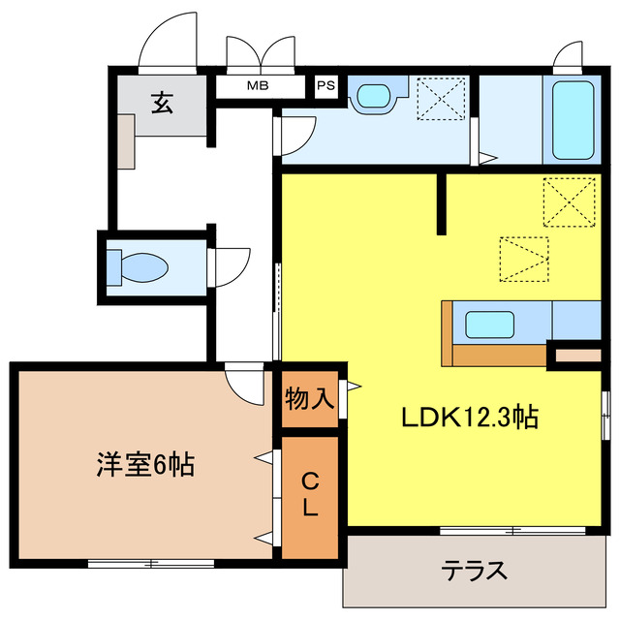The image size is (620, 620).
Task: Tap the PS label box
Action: [325, 85]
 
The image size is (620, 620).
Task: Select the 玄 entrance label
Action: [162, 103]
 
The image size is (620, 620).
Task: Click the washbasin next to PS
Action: [373, 95]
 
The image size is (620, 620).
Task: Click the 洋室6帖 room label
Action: [145, 466]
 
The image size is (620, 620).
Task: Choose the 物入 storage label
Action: [310, 397]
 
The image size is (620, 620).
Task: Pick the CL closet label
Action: [310, 494]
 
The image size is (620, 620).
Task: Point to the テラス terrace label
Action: [475, 570]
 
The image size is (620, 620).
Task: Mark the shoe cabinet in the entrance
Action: [126, 140]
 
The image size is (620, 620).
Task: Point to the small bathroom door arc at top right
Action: [568, 56]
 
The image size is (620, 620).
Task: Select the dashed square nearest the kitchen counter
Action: [523, 260]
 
